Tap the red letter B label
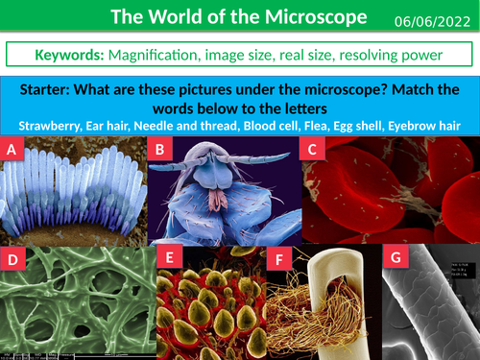click(x=162, y=149)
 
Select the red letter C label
click(x=313, y=149)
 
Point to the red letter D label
click(x=13, y=259)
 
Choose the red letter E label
click(x=169, y=257)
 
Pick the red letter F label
click(x=279, y=260)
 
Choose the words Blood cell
click(x=272, y=125)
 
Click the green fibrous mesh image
click(x=77, y=298)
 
